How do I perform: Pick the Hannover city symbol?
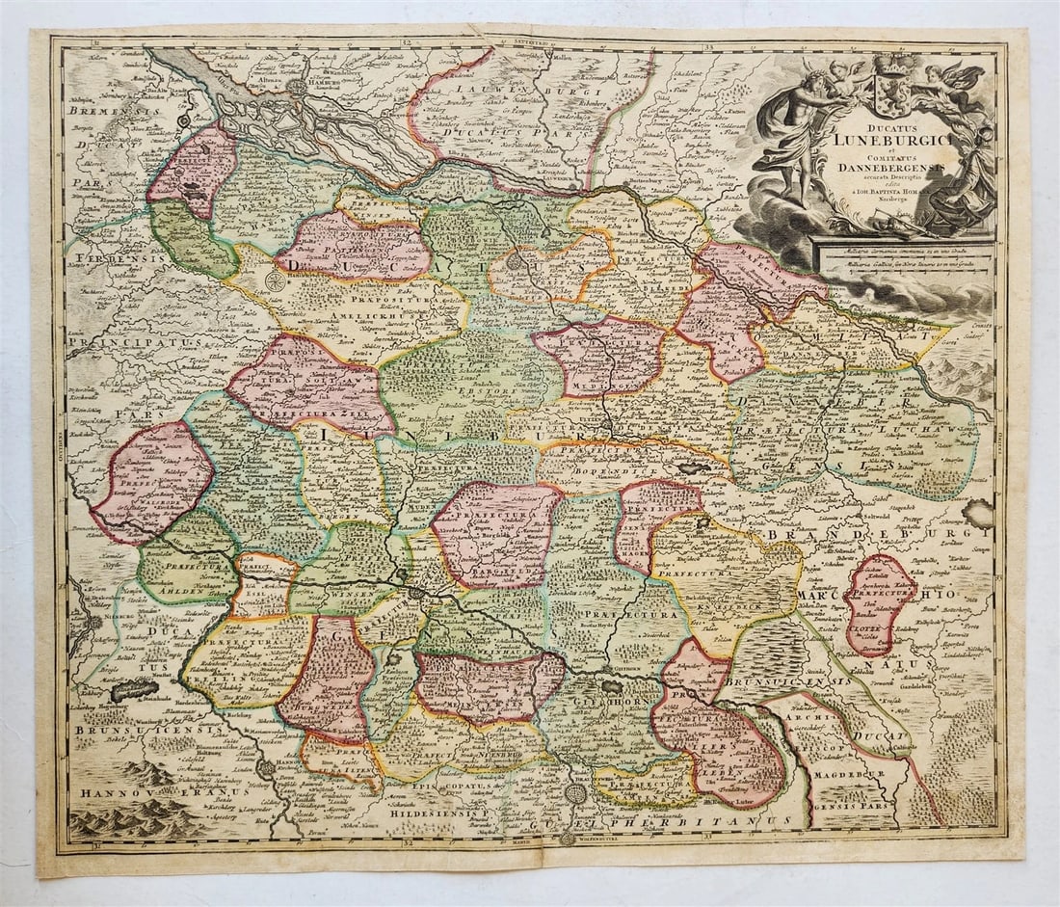pos(264,768)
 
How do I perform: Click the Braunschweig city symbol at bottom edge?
pos(575,793)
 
